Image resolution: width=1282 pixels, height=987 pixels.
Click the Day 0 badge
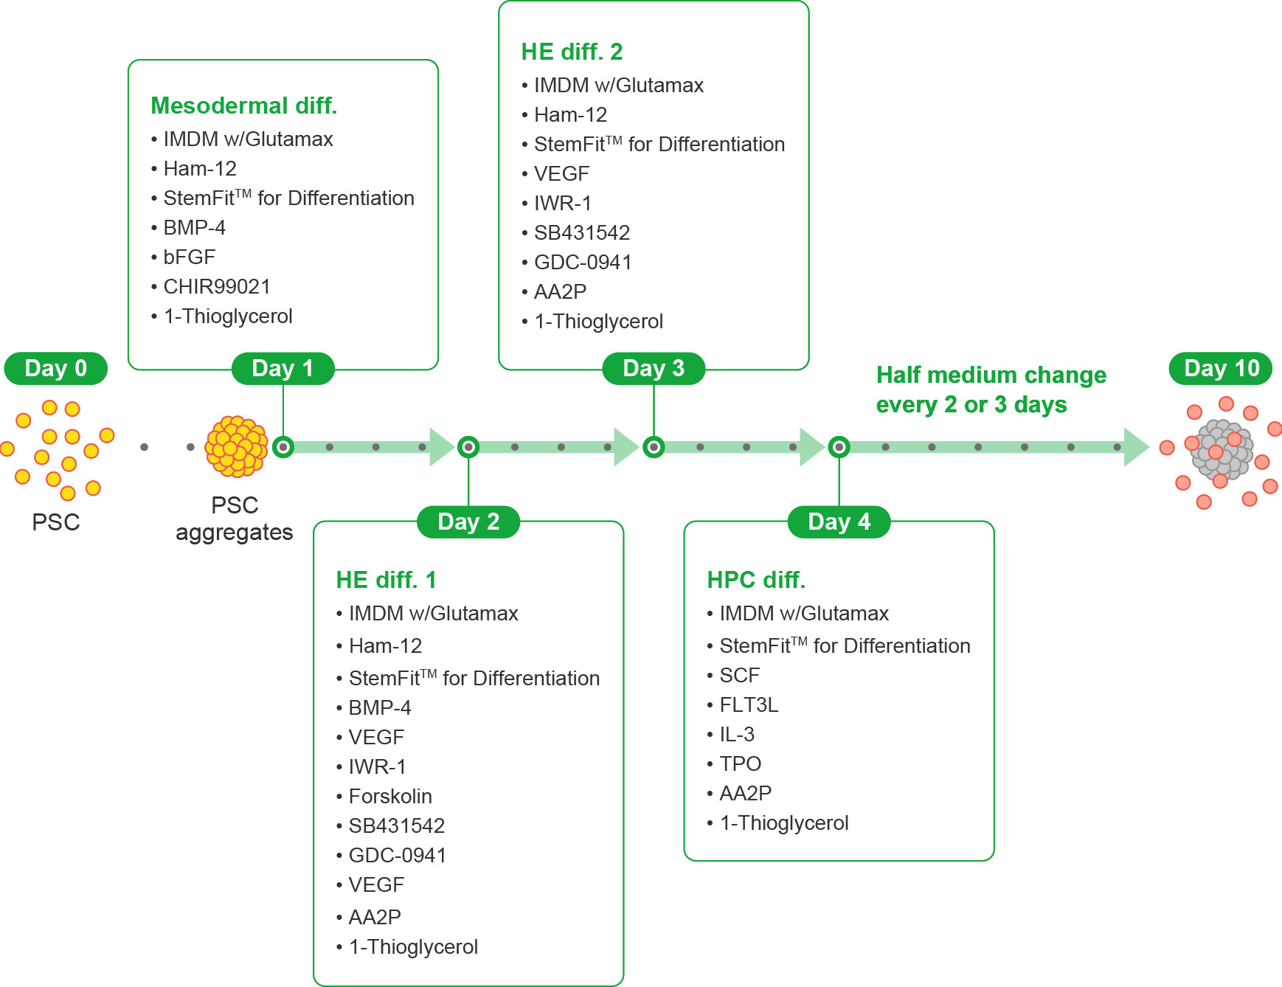pos(56,368)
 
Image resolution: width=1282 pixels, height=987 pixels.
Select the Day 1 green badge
pos(283,368)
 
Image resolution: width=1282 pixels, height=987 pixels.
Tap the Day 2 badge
pos(468,522)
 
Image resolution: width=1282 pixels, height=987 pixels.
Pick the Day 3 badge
pos(654,368)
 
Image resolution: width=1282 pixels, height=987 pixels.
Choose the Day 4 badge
pos(839,522)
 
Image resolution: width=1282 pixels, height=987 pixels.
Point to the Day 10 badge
pos(1222,368)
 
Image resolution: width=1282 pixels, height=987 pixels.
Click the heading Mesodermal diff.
pos(244,105)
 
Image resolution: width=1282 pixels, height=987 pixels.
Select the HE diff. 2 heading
pos(572,52)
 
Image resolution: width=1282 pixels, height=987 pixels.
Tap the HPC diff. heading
pos(756,580)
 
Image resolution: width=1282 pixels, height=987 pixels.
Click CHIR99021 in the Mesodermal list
pos(217,286)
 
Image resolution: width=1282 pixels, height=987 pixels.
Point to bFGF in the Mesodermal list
pos(190,257)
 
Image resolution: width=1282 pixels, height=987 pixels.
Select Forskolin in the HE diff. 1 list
pos(390,796)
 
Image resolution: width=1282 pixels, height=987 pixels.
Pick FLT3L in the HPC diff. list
pos(749,704)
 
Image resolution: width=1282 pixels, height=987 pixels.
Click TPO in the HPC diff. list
pos(741,763)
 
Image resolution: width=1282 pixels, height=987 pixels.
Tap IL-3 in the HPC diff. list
pos(737,734)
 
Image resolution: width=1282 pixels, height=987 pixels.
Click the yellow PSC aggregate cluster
pos(237,446)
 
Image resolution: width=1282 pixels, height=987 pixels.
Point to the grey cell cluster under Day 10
pos(1222,448)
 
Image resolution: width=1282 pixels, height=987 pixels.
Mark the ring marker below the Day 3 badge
pos(654,447)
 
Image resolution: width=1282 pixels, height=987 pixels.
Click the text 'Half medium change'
pos(991,375)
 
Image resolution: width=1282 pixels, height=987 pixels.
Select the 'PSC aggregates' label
pos(235,519)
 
